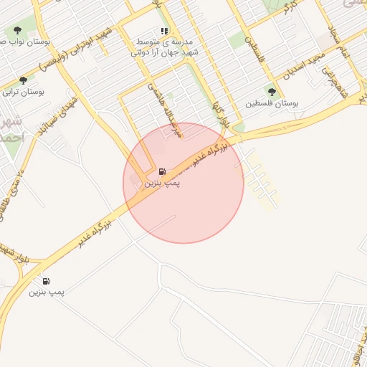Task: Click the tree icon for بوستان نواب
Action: point(18,31)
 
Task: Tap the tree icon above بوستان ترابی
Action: point(24,80)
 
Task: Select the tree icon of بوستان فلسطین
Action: point(271,92)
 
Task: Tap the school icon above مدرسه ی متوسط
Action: point(164,32)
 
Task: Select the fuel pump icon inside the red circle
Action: point(162,172)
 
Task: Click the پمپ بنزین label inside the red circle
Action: point(163,183)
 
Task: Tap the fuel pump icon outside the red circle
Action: point(47,281)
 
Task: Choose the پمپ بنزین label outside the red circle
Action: point(47,292)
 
